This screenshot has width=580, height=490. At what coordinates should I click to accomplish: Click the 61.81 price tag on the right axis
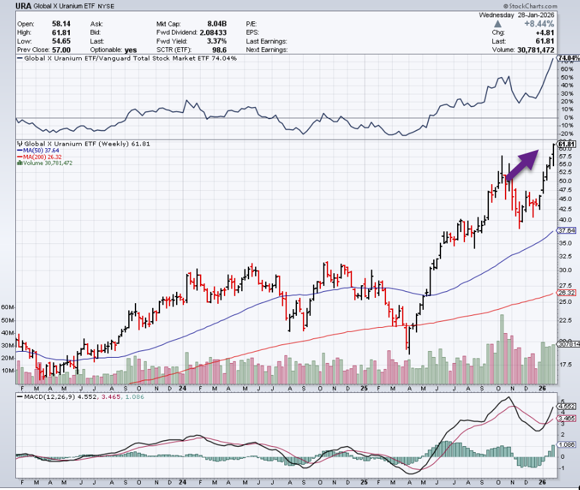pos(566,144)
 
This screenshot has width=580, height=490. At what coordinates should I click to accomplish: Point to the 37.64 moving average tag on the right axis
pos(565,230)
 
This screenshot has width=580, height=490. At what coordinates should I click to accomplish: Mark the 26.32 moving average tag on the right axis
pos(565,293)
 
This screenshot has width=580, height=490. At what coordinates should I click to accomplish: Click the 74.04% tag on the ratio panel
pos(569,59)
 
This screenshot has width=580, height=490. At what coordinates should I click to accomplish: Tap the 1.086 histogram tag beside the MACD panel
pos(565,444)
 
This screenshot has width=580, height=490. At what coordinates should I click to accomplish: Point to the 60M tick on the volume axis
pos(7,308)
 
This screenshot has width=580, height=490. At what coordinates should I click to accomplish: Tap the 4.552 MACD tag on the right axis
pos(565,405)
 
